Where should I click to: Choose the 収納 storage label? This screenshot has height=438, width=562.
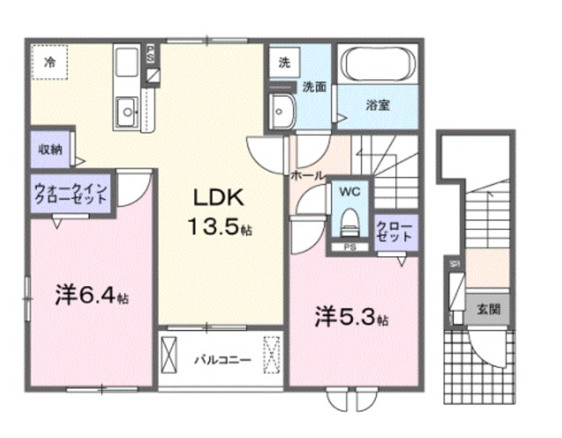(49, 149)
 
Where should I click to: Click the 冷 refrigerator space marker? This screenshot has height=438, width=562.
(50, 62)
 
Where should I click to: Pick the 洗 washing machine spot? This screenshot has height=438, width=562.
(284, 62)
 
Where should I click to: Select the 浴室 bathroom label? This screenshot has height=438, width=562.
(378, 104)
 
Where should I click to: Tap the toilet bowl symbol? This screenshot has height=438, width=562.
(349, 220)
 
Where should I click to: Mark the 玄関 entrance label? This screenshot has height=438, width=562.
(489, 309)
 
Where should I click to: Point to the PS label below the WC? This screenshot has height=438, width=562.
(349, 248)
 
